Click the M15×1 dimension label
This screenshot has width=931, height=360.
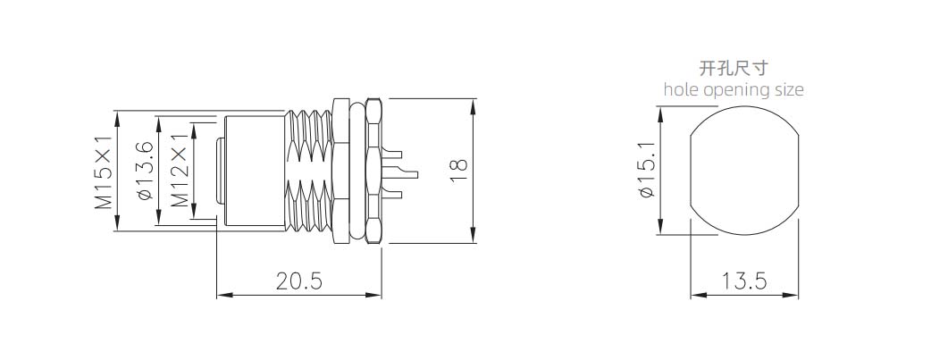tap(104, 172)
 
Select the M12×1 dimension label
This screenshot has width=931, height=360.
tap(180, 172)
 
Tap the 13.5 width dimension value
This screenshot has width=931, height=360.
tap(744, 280)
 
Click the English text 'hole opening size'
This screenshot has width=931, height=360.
tap(734, 89)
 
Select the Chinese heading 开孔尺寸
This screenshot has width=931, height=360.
tap(734, 68)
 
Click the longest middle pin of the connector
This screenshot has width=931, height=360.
tap(400, 174)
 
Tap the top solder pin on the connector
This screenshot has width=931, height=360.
tap(392, 155)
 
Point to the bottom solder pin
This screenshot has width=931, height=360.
tap(392, 192)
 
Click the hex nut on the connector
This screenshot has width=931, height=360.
tap(374, 172)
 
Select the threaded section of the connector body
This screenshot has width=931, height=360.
tap(309, 172)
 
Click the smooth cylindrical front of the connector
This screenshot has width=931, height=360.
tap(256, 172)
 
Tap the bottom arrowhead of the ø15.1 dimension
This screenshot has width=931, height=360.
tap(660, 228)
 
